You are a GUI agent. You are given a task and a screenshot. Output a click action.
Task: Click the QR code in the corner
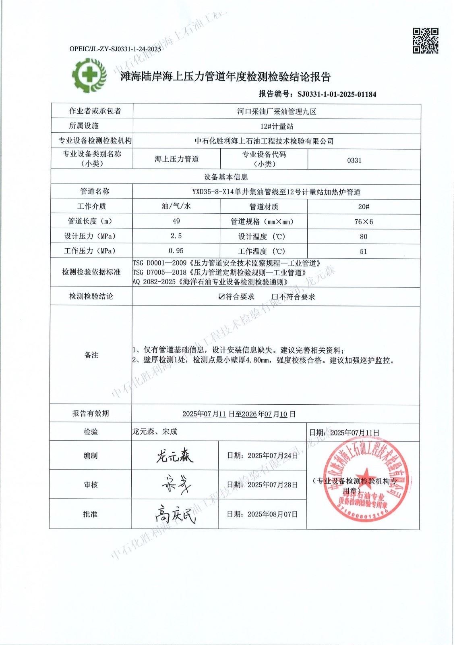[x=426, y=41]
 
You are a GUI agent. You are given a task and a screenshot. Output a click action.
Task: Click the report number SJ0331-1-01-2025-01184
[x=337, y=94]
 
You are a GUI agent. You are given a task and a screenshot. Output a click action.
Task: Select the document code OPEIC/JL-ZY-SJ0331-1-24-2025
[x=115, y=49]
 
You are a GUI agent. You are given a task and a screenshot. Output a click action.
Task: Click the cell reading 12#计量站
[x=277, y=126]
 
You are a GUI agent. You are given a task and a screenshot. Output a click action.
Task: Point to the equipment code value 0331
[x=354, y=160]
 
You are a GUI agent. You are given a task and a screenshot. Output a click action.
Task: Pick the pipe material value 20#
[x=363, y=206]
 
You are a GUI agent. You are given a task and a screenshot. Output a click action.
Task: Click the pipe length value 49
[x=176, y=221]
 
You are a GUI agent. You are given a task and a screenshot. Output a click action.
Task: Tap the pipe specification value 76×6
[x=363, y=221]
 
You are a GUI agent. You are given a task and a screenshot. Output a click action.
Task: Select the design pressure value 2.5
[x=176, y=236]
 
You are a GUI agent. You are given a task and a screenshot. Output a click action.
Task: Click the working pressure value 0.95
[x=176, y=251]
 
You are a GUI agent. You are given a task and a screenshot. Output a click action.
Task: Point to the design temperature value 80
[x=363, y=236]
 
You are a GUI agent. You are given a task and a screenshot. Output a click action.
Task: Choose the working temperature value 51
[x=363, y=251]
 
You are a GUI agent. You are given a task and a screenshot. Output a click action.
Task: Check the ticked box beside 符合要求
[x=221, y=297]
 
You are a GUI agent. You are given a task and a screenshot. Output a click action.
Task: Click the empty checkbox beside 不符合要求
[x=275, y=297]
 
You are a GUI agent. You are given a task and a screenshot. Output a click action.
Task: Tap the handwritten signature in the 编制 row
[x=174, y=455]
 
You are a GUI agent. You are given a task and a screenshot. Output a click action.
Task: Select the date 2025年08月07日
[x=273, y=514]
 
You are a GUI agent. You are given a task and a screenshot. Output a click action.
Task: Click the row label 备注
[x=91, y=355]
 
